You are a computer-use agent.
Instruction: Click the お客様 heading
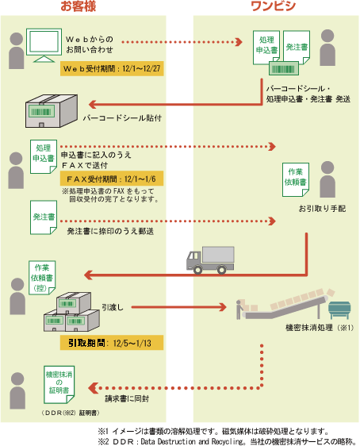pyautogui.click(x=79, y=6)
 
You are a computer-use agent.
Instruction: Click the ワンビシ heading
pyautogui.click(x=274, y=6)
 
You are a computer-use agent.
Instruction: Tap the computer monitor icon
pyautogui.click(x=44, y=45)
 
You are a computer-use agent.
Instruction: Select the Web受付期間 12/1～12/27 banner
pyautogui.click(x=112, y=68)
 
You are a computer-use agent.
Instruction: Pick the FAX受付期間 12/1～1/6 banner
pyautogui.click(x=112, y=179)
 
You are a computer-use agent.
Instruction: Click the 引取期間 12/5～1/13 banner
pyautogui.click(x=112, y=343)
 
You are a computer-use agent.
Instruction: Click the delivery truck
pyautogui.click(x=210, y=260)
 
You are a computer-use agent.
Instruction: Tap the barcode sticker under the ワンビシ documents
pyautogui.click(x=284, y=68)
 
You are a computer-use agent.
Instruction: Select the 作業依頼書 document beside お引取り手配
pyautogui.click(x=296, y=179)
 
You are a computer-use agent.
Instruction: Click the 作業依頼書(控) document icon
pyautogui.click(x=42, y=277)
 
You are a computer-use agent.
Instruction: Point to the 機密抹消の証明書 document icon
pyautogui.click(x=59, y=385)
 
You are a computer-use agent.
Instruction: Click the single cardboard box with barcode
pyautogui.click(x=52, y=111)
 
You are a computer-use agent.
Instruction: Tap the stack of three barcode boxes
pyautogui.click(x=71, y=312)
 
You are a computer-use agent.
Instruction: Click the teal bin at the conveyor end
pyautogui.click(x=339, y=310)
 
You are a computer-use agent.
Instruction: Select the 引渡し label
pyautogui.click(x=113, y=307)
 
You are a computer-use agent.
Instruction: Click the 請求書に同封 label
pyautogui.click(x=127, y=399)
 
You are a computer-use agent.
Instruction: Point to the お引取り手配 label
pyautogui.click(x=322, y=209)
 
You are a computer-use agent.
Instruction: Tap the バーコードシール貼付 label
pyautogui.click(x=122, y=117)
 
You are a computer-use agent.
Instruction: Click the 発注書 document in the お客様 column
pyautogui.click(x=44, y=217)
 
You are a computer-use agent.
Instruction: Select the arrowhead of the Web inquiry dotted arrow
pyautogui.click(x=239, y=42)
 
